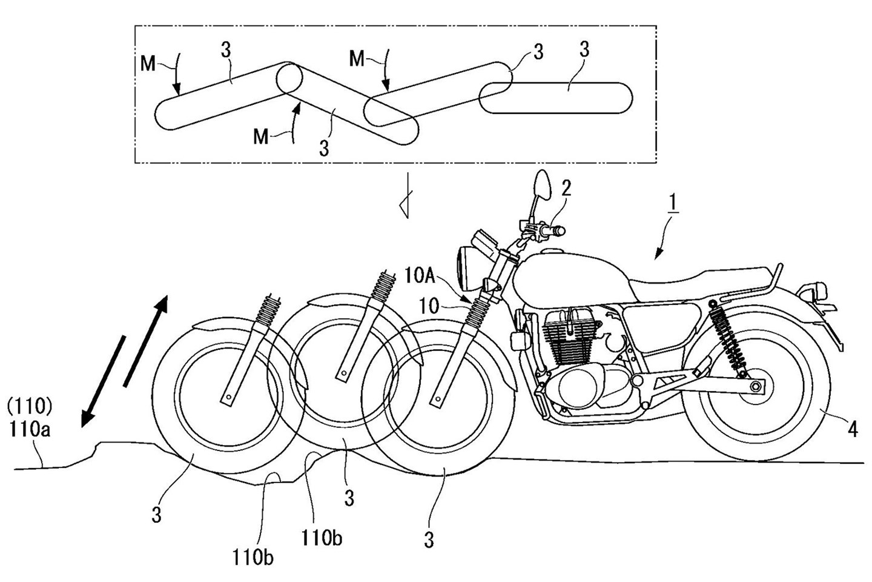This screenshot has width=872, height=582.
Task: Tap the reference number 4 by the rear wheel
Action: (852, 430)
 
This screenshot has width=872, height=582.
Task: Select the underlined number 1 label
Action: (674, 218)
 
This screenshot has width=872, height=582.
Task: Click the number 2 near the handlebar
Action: (566, 188)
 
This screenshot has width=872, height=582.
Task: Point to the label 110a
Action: (30, 431)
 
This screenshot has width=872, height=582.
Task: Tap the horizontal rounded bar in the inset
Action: (556, 98)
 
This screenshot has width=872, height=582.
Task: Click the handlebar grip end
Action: (561, 230)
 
